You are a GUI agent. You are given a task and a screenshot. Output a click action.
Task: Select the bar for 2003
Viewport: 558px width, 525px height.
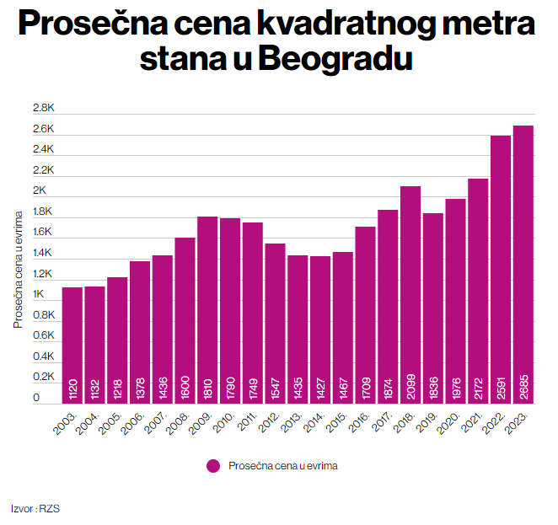[x=72, y=346]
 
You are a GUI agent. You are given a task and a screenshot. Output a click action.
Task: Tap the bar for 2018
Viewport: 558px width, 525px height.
[x=410, y=295]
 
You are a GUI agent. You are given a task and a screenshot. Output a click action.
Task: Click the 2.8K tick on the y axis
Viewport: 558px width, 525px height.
[x=43, y=109]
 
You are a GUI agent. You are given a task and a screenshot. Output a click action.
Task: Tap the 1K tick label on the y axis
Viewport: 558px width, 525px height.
[x=39, y=294]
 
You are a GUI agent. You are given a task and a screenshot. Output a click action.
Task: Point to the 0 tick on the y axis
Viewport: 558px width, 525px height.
[x=36, y=398]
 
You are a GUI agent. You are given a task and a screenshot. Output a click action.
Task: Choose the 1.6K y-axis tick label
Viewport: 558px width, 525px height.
[x=43, y=233]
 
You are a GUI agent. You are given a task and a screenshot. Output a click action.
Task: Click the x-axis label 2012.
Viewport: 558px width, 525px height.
[x=270, y=423]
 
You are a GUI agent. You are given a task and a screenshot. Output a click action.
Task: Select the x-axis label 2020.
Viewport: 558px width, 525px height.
[x=450, y=423]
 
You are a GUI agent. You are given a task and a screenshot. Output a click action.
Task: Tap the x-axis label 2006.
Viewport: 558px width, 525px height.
[x=134, y=423]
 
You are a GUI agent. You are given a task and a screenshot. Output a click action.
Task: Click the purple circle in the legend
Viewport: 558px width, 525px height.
[x=213, y=465]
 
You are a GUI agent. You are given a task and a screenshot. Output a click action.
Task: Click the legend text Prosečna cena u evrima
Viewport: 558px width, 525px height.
[x=282, y=465]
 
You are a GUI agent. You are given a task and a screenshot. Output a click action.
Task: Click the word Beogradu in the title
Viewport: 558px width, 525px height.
[x=334, y=59]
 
